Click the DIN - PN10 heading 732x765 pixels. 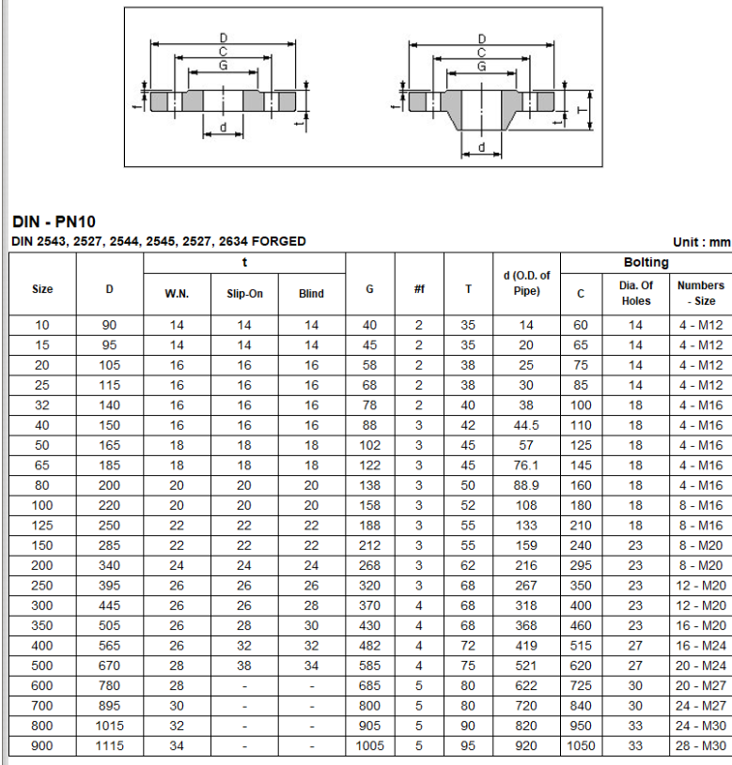pos(54,222)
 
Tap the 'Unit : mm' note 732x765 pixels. pos(702,242)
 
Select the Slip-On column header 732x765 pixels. pos(244,294)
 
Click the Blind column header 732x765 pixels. pos(312,294)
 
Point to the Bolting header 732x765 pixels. pos(646,263)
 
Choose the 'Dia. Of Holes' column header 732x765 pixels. pos(636,293)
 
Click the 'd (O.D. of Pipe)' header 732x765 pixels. pos(526,283)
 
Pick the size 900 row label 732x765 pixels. pos(42,745)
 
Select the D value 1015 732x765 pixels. pos(109,726)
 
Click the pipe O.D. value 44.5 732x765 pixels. pos(526,425)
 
